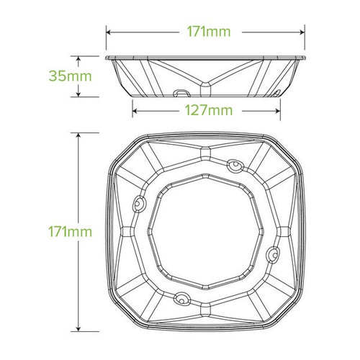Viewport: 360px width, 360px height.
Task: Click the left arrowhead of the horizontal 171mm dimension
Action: point(108,32)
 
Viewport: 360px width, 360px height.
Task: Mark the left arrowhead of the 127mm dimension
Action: point(134,111)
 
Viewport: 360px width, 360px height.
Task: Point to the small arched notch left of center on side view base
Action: point(180,91)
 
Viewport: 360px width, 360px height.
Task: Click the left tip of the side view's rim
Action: point(106,56)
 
